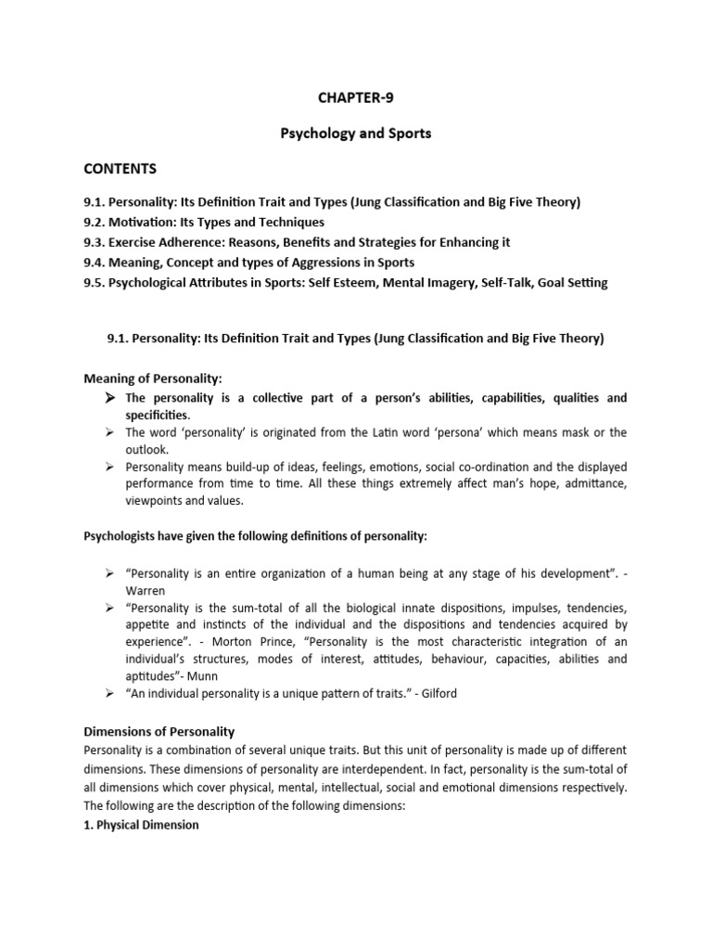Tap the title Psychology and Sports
click(356, 134)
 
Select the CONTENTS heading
click(121, 169)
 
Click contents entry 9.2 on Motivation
click(203, 222)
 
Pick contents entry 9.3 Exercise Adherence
click(297, 242)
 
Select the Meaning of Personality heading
click(153, 379)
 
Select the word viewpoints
click(158, 502)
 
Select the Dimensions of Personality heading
click(159, 732)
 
